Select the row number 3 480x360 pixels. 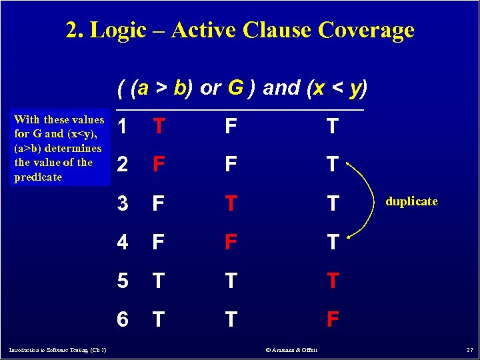122,203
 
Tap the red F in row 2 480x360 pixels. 159,165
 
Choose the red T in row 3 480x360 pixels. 230,203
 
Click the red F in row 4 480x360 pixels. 230,242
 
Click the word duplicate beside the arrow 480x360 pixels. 411,201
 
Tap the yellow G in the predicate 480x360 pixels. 235,88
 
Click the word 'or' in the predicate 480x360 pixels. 210,88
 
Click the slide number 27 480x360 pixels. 469,350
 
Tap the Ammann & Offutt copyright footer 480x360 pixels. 291,350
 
